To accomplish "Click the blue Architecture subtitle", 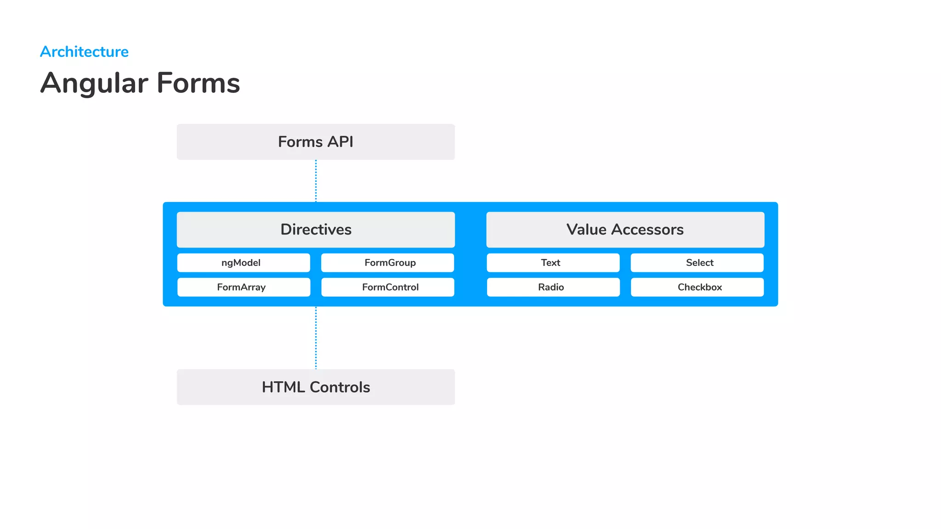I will (x=84, y=52).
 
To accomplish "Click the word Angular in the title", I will (x=94, y=84).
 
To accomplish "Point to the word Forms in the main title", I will (x=198, y=83).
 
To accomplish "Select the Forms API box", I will (x=316, y=142).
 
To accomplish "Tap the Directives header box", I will (x=316, y=230).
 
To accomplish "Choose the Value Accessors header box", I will (x=625, y=230).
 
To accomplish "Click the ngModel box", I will (x=244, y=263).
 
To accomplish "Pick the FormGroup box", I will (x=387, y=263).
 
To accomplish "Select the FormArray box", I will (x=244, y=287).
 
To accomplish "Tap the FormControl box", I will (x=387, y=287).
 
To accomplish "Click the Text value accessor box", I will (x=553, y=263).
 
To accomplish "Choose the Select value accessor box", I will (x=697, y=263).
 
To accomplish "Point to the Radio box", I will (x=553, y=287).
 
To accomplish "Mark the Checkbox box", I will (x=697, y=287).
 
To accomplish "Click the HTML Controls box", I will (x=316, y=387).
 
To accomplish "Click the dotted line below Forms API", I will (x=316, y=181).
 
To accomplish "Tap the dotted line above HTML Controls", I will (x=316, y=338).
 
